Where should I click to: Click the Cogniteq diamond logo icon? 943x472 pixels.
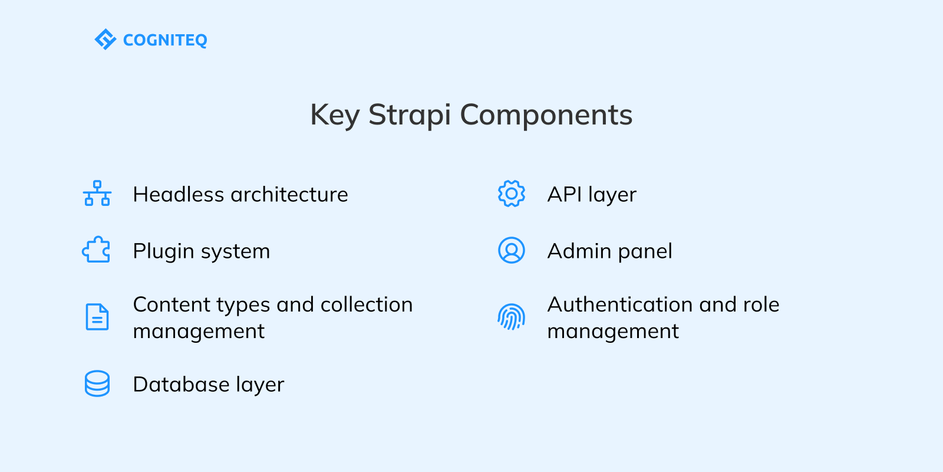[105, 40]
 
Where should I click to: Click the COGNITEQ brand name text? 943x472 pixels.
[165, 40]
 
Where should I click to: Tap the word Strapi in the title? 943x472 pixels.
[410, 115]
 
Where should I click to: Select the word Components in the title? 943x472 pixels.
[546, 115]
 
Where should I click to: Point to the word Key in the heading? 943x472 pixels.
[334, 115]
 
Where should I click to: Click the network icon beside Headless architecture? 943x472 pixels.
[97, 194]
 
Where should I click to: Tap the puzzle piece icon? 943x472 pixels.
[97, 250]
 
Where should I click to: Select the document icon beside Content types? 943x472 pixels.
[97, 317]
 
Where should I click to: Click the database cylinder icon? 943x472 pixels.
[97, 383]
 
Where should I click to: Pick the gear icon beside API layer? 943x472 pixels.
[511, 194]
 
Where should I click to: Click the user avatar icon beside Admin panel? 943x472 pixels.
[511, 250]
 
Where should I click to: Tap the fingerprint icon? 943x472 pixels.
[511, 317]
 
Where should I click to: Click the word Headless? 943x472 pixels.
[179, 195]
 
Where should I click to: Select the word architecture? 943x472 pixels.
[289, 195]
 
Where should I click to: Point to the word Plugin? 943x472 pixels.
[163, 252]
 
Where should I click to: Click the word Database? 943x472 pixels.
[181, 385]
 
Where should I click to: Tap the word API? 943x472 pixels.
[564, 195]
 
